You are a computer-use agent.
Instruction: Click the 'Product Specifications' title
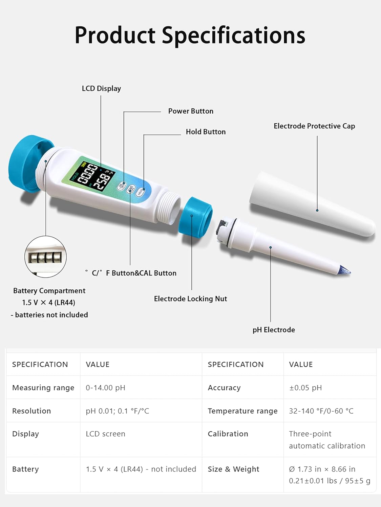click(x=190, y=35)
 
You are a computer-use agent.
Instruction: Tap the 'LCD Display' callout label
click(x=101, y=89)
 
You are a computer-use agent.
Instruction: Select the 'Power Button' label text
click(x=191, y=111)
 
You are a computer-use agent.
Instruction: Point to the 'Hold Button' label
click(x=206, y=132)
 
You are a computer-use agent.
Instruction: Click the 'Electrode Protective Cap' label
click(x=314, y=126)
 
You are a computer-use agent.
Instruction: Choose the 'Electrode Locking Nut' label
click(x=190, y=299)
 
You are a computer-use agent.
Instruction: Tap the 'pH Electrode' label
click(x=274, y=330)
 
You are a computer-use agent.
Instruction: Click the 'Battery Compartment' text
click(x=49, y=291)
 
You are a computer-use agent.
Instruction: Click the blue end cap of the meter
click(x=25, y=164)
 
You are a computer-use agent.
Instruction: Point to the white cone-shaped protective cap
click(x=312, y=204)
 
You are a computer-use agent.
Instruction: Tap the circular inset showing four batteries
click(x=45, y=257)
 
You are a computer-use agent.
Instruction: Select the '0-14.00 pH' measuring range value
click(x=105, y=388)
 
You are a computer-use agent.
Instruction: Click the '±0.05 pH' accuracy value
click(x=305, y=388)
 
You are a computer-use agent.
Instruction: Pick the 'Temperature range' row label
click(x=242, y=411)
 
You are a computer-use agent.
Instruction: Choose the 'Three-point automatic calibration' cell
click(x=327, y=440)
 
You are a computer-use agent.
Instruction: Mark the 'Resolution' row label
click(x=31, y=411)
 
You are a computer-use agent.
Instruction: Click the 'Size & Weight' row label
click(x=233, y=469)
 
